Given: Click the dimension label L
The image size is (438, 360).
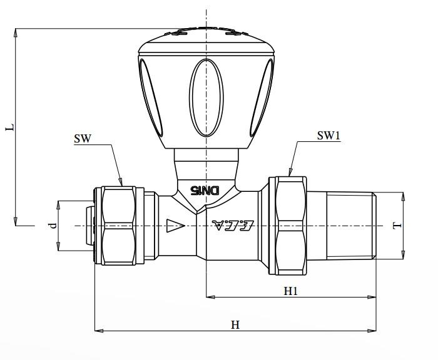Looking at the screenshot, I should pos(9,127).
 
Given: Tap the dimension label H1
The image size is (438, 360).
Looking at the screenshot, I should pos(291,291).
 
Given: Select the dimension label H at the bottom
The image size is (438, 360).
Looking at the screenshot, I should pos(235,324).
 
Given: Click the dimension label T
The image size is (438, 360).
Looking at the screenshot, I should pos(395,225).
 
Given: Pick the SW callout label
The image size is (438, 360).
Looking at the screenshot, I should pos(83,139).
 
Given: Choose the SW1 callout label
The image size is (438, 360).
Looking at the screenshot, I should pos(328,136).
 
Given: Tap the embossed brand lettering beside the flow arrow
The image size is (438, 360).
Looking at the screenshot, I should pos(232,225).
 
